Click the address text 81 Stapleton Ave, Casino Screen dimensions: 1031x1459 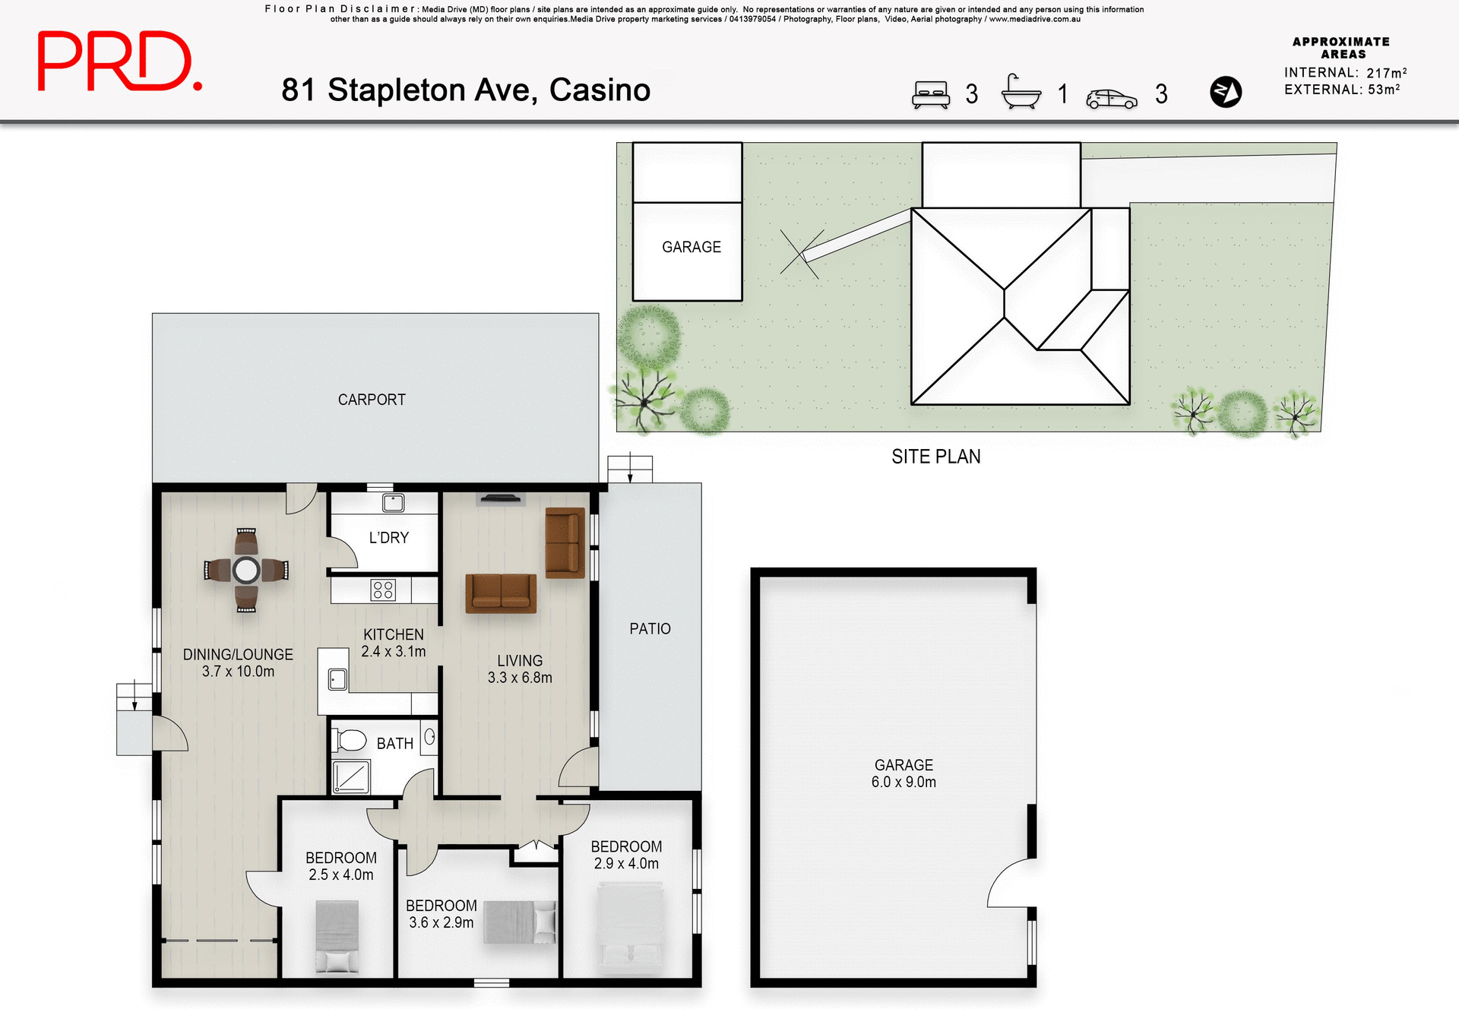tap(465, 90)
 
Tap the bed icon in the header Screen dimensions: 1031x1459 tap(930, 95)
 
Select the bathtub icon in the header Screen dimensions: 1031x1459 tap(1021, 93)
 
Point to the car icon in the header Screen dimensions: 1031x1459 tap(1111, 99)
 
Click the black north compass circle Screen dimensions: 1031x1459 tap(1225, 92)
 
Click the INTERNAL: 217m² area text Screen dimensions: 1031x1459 tap(1344, 73)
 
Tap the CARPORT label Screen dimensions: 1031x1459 tap(372, 400)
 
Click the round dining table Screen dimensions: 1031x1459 tap(246, 570)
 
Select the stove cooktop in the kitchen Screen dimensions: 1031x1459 tap(383, 590)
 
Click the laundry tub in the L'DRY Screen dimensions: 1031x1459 tap(393, 502)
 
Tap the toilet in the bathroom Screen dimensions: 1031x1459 tap(350, 739)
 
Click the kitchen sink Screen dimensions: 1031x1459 tap(337, 678)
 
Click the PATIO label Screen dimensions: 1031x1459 tap(650, 629)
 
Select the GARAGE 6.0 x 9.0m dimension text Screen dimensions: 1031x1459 tap(904, 782)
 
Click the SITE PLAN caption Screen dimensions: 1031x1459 tap(935, 457)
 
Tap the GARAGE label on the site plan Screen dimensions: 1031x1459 tap(691, 247)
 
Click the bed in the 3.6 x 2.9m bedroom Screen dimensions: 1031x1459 tap(520, 922)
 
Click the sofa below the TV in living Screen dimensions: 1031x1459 tap(501, 593)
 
